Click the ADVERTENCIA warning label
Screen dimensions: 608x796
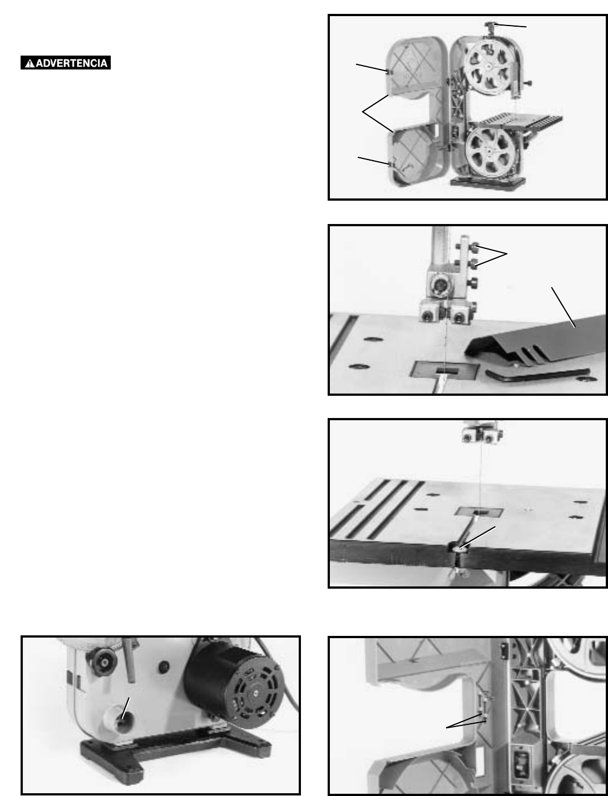pos(66,63)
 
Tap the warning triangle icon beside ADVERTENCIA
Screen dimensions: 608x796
pos(29,63)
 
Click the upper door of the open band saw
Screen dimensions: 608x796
pos(417,69)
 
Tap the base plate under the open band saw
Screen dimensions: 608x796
pos(488,183)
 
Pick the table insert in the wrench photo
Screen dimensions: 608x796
pos(445,370)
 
